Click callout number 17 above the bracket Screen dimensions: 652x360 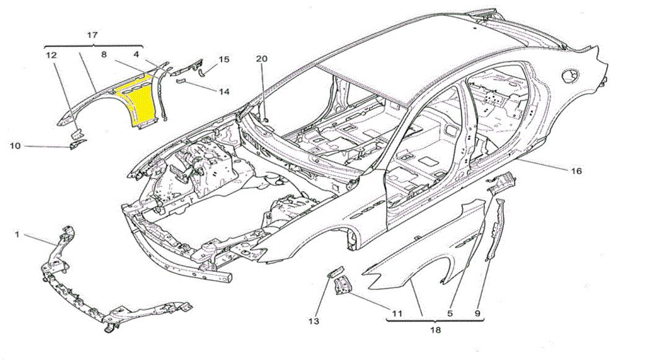(92, 36)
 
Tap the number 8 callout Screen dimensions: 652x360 (104, 55)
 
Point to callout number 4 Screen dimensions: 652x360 (136, 55)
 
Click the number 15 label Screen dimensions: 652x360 (224, 59)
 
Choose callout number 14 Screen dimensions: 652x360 (224, 92)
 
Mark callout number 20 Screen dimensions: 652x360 (262, 59)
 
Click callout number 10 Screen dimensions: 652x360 (15, 146)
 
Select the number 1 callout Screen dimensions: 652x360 (17, 235)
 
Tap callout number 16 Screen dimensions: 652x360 (576, 171)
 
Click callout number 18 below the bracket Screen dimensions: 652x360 (435, 330)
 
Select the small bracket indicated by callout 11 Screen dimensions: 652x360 (341, 285)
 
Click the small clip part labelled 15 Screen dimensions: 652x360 (204, 73)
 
